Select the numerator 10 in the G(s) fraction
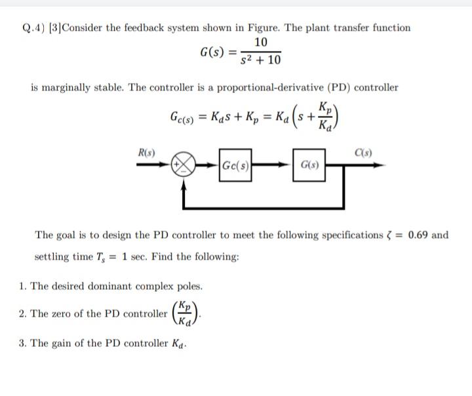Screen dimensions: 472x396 (260, 42)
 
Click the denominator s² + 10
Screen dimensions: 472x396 (260, 60)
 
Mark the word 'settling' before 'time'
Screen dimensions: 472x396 (54, 257)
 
